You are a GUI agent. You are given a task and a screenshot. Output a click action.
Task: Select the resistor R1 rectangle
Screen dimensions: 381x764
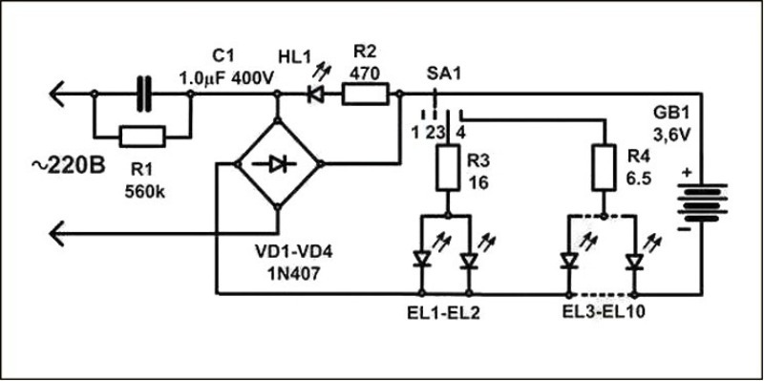tap(143, 134)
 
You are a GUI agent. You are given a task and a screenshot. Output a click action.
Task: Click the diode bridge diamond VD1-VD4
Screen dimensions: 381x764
tap(277, 164)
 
